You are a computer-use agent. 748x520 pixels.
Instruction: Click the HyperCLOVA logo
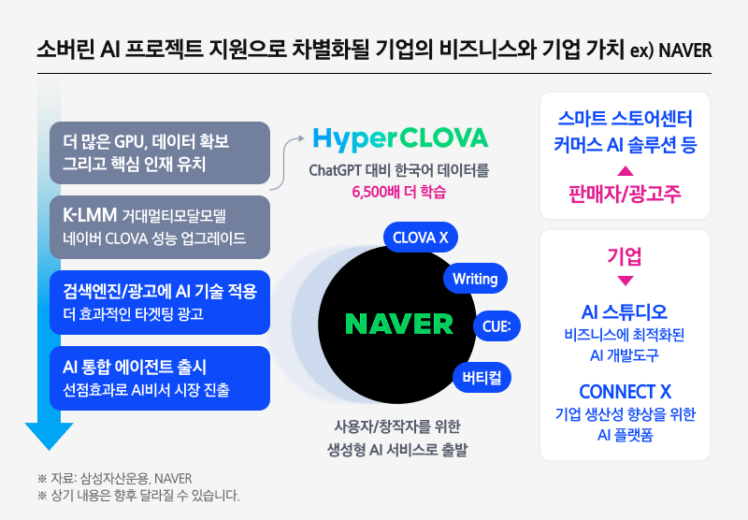tap(400, 138)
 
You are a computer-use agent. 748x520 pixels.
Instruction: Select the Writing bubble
tap(474, 279)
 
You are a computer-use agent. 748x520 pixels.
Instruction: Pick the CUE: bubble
tap(496, 325)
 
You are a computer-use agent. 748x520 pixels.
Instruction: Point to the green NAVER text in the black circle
tap(399, 324)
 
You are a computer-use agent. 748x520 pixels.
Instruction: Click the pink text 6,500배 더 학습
tap(399, 193)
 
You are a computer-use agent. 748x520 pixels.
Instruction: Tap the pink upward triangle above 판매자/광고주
tap(626, 171)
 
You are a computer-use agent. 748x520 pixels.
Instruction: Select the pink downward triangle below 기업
tap(626, 280)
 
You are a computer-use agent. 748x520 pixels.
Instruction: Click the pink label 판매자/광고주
tap(626, 195)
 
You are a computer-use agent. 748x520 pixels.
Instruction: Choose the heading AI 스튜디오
tap(626, 311)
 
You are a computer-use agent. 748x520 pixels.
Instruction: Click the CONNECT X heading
tap(626, 392)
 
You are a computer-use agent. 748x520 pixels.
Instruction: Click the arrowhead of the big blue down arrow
tap(49, 436)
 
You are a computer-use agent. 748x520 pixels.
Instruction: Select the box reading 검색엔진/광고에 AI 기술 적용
tap(159, 302)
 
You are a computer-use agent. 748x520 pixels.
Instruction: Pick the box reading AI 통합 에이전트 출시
tap(159, 378)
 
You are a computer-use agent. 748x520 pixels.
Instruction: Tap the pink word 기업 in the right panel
tap(626, 255)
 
